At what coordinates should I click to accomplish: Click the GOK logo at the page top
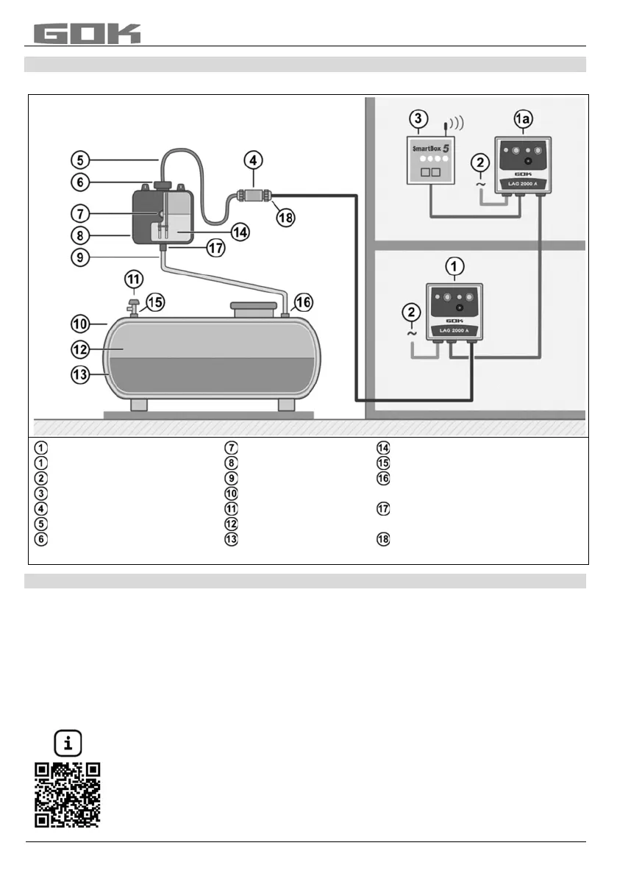click(x=87, y=33)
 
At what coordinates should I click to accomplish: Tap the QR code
click(x=68, y=794)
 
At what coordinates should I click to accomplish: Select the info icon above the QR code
click(x=68, y=744)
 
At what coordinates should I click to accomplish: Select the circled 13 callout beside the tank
click(x=81, y=374)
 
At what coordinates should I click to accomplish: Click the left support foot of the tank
click(x=140, y=405)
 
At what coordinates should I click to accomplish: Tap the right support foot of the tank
click(x=286, y=405)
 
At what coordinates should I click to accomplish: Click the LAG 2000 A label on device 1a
click(x=522, y=182)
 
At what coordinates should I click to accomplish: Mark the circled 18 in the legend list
click(x=382, y=539)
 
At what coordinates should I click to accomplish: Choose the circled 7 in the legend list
click(x=230, y=448)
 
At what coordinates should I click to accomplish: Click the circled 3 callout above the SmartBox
click(x=418, y=118)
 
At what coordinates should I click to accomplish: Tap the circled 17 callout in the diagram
click(x=215, y=249)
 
